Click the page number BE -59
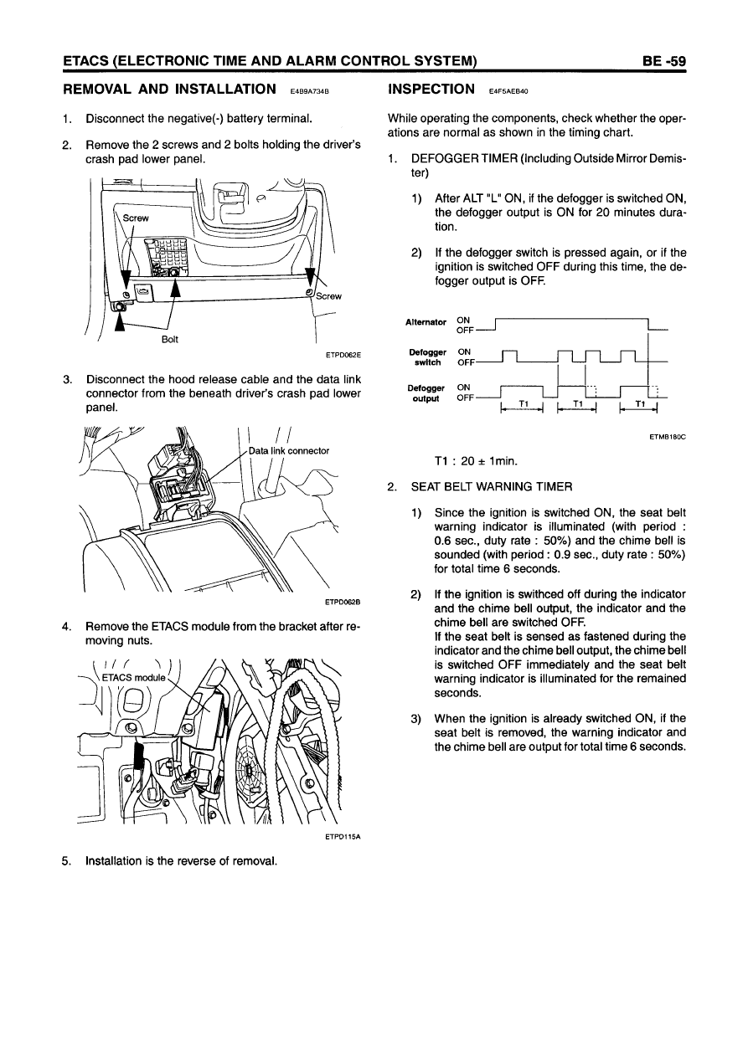click(664, 60)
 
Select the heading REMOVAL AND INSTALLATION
click(170, 90)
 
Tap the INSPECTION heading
click(427, 90)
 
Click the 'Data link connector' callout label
click(289, 450)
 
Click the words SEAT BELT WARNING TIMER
click(491, 486)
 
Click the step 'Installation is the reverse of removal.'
click(181, 859)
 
